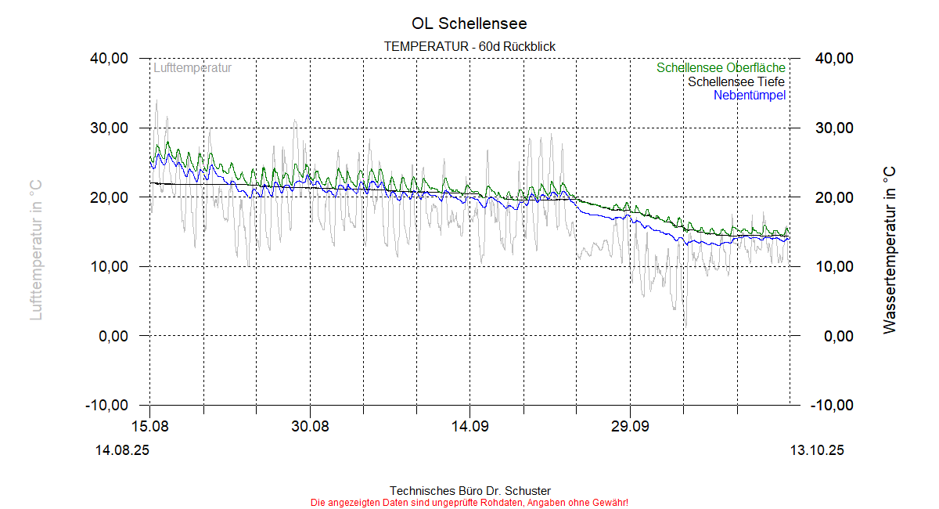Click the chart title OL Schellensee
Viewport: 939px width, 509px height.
click(469, 23)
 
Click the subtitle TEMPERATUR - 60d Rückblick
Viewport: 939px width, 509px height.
click(469, 47)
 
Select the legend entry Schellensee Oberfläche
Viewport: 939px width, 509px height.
click(721, 68)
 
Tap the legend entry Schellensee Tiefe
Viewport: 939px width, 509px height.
click(736, 81)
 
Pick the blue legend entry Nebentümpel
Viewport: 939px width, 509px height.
click(750, 96)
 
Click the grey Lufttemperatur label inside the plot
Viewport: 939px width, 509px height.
click(192, 68)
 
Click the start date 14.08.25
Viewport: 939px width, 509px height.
click(122, 451)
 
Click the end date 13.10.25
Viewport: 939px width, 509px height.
click(817, 451)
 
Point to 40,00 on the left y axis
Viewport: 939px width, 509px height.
click(109, 59)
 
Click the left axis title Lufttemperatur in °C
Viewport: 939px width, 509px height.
click(35, 249)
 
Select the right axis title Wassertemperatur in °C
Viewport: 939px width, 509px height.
click(890, 249)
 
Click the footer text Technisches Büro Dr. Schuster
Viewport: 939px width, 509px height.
click(469, 491)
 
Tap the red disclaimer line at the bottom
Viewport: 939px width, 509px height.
click(469, 502)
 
